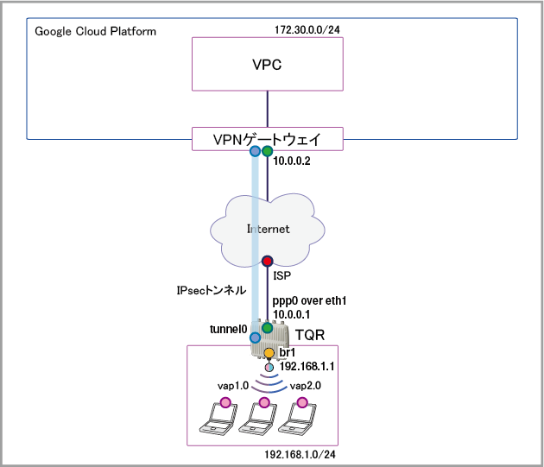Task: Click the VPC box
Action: point(267,65)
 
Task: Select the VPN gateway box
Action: point(267,138)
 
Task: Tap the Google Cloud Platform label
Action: point(95,32)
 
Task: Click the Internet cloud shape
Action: point(267,229)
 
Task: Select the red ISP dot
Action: point(268,261)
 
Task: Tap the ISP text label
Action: point(283,276)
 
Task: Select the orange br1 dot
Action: point(269,353)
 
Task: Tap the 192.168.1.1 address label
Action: point(307,368)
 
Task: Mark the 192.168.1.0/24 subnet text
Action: point(299,453)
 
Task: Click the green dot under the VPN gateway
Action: point(268,152)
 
